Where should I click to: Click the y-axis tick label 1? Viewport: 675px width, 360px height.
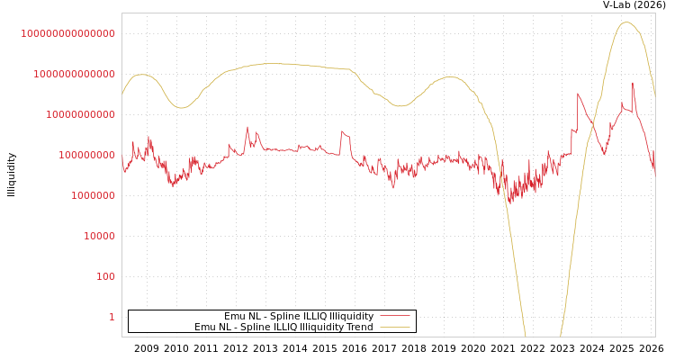112,317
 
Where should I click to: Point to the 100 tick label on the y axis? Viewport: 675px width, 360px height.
106,276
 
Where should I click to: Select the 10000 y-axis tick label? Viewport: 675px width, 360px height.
100,236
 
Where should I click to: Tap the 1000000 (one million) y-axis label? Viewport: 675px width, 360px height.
93,195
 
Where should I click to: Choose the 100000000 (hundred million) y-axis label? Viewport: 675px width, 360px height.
86,155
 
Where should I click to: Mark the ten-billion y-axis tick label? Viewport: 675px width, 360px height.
80,114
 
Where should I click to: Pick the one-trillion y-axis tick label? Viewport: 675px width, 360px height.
74,74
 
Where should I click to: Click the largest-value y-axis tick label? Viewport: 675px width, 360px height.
67,33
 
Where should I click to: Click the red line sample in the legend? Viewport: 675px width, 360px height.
394,317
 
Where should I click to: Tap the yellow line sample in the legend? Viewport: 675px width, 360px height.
394,328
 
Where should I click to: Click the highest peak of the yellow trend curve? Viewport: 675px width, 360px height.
627,22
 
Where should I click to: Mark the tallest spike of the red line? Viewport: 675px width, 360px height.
632,83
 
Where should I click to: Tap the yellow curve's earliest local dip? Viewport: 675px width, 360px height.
181,108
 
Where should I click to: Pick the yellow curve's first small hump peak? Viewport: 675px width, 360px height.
140,75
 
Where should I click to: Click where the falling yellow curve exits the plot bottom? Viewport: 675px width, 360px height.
526,336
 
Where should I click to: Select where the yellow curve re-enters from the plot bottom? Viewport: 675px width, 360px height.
561,336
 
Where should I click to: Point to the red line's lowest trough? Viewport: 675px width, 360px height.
508,204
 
